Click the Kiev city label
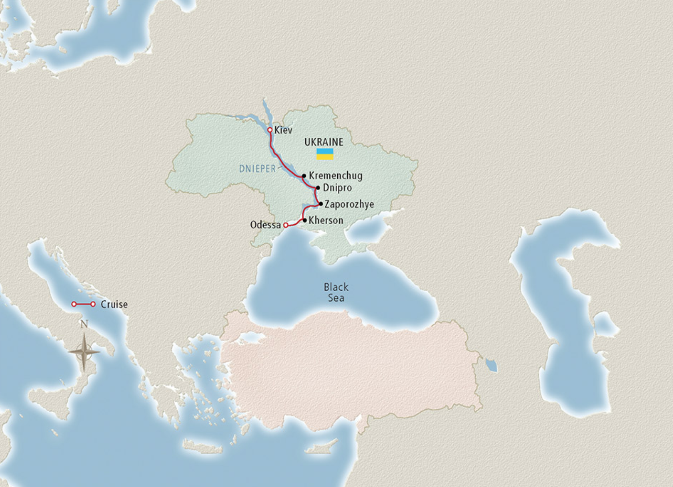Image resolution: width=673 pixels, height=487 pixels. [283, 130]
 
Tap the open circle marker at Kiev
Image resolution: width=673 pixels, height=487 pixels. [270, 130]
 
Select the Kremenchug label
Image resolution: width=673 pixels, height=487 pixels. [336, 176]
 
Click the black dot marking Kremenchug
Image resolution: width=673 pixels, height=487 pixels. [304, 176]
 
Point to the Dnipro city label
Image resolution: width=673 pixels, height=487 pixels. [337, 188]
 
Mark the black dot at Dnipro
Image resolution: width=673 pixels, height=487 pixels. [318, 187]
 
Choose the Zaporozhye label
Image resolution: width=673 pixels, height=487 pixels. [349, 204]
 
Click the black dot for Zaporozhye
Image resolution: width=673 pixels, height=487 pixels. [321, 204]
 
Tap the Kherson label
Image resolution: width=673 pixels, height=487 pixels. [326, 221]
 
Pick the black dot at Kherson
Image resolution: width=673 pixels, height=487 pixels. [305, 220]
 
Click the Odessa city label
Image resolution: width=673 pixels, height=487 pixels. [266, 225]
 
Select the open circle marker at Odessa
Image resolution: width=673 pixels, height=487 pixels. [286, 225]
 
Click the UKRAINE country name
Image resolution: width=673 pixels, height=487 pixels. [324, 142]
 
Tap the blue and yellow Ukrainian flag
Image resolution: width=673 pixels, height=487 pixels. [325, 154]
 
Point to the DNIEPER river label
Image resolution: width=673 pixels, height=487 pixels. [258, 169]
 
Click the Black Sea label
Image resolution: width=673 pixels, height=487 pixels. [336, 292]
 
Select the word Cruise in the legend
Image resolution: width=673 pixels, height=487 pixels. [114, 304]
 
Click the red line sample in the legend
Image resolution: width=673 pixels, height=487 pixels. [83, 304]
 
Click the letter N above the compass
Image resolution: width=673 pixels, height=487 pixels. [84, 324]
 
